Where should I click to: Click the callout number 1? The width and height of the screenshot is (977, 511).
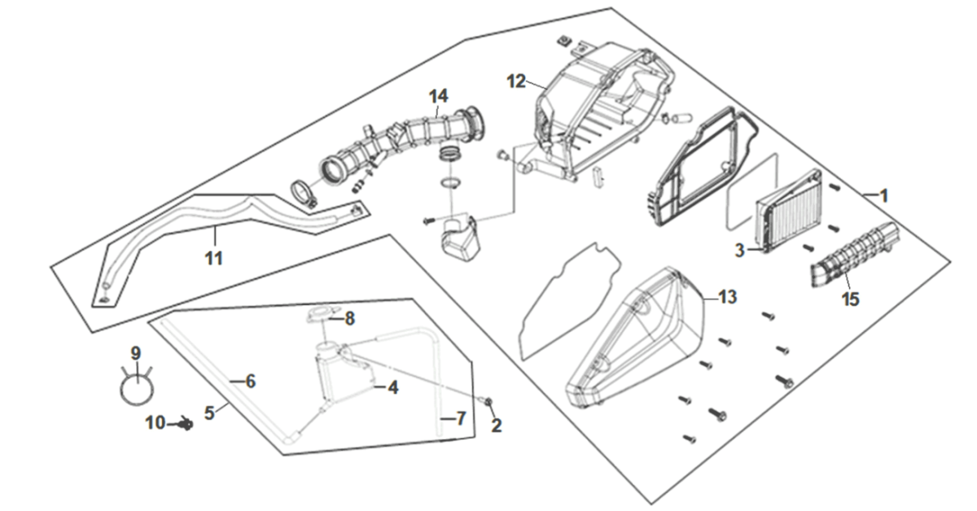[883, 196]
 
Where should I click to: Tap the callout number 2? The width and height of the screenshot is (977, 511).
[496, 425]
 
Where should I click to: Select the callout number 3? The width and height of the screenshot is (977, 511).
[739, 251]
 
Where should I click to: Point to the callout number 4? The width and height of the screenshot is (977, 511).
[392, 388]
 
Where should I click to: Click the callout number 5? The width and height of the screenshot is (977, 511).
[209, 413]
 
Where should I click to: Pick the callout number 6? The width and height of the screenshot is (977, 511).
[250, 381]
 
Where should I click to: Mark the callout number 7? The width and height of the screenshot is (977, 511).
[461, 419]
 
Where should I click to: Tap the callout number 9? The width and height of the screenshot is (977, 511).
[136, 353]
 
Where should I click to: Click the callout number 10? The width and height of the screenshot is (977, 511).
[155, 423]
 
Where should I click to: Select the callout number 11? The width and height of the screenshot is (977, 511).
[213, 258]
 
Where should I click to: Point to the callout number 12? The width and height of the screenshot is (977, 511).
[516, 81]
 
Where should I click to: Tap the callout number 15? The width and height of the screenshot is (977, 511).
[850, 299]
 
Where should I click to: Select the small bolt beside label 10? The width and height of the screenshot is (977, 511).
[186, 424]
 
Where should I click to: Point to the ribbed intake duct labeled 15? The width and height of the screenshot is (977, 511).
[851, 256]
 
